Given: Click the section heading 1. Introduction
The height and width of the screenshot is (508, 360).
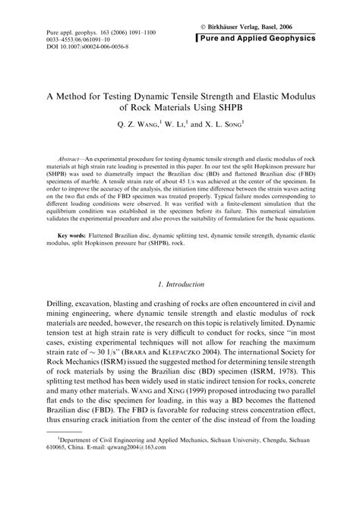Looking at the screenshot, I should point(180,285).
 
